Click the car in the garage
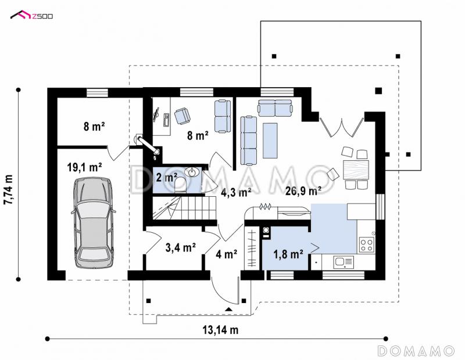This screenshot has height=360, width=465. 93,223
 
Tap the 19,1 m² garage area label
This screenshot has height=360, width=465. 85,167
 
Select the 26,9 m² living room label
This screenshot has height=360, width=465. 303,191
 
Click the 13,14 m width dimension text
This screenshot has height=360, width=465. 220,330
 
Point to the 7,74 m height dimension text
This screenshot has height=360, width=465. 9,189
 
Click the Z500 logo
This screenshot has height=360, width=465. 32,15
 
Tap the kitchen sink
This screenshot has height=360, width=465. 343,262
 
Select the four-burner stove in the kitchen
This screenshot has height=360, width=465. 366,244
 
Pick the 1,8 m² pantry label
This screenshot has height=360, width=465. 288,254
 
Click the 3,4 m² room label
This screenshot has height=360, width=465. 180,247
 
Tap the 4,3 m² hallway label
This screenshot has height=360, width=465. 237,193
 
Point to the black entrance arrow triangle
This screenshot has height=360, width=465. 228,309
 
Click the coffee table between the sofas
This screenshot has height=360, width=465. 270,141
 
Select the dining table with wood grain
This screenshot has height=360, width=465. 356,170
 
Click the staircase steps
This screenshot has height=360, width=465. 184,208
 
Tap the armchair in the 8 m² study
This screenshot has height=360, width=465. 182,116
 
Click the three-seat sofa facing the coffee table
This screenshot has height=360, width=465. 248,141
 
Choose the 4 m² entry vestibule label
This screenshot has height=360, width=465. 226,254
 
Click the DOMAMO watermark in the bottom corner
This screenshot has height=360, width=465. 416,351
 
